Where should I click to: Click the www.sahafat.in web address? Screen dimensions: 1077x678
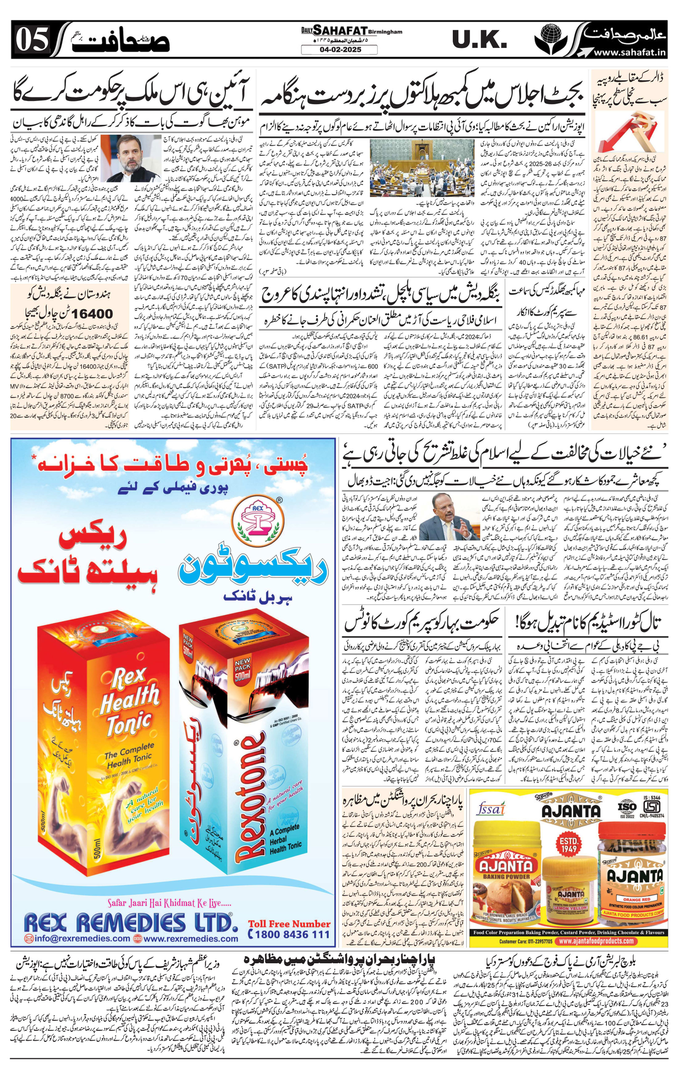(x=630, y=53)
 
